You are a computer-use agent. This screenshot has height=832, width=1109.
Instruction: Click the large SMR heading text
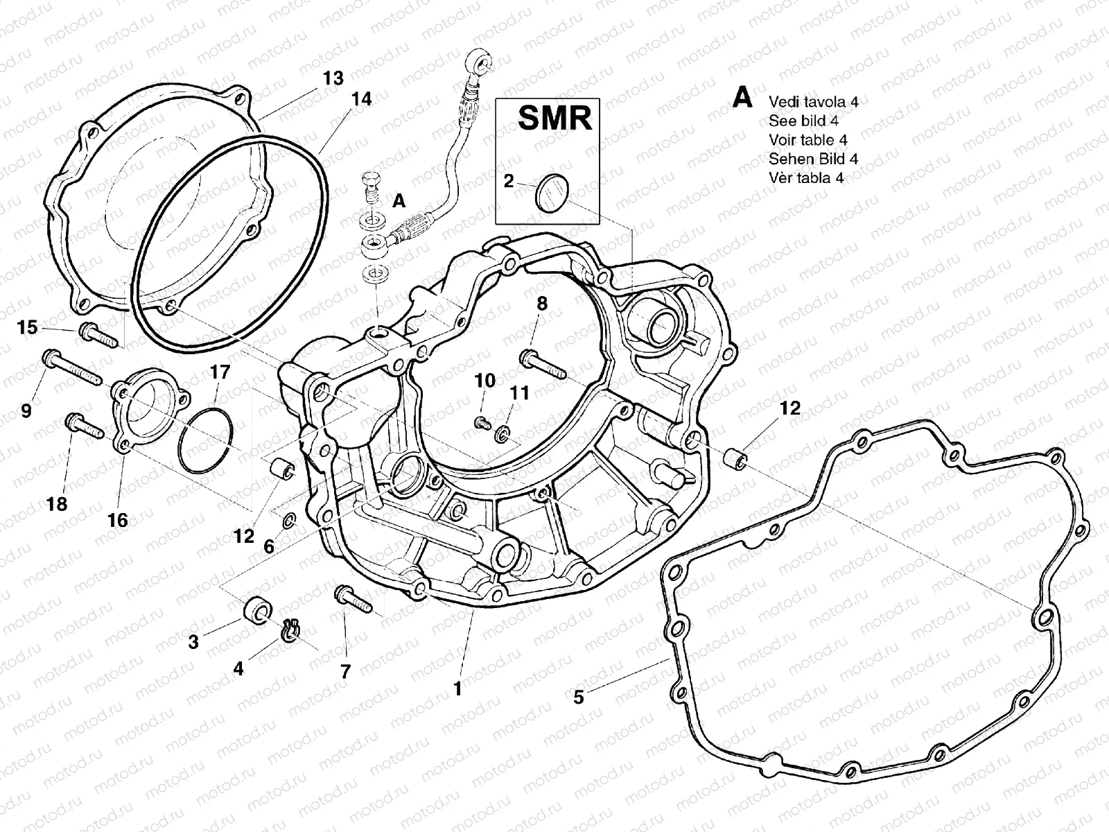click(x=555, y=119)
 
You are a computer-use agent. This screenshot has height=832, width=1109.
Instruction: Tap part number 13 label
click(x=333, y=78)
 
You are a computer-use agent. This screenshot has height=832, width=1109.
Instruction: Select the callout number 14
click(x=360, y=99)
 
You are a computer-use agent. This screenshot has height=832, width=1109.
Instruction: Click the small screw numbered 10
click(x=482, y=421)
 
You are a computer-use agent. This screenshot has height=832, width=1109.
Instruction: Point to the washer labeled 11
click(x=502, y=435)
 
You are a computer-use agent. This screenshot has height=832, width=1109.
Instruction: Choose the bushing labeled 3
click(x=257, y=611)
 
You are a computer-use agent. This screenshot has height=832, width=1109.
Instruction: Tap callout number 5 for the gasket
click(x=578, y=696)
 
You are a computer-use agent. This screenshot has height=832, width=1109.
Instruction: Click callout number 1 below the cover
click(x=457, y=688)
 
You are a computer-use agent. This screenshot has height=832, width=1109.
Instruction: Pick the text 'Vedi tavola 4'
click(x=813, y=102)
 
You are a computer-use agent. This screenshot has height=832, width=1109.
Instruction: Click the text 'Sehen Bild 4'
click(x=813, y=159)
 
